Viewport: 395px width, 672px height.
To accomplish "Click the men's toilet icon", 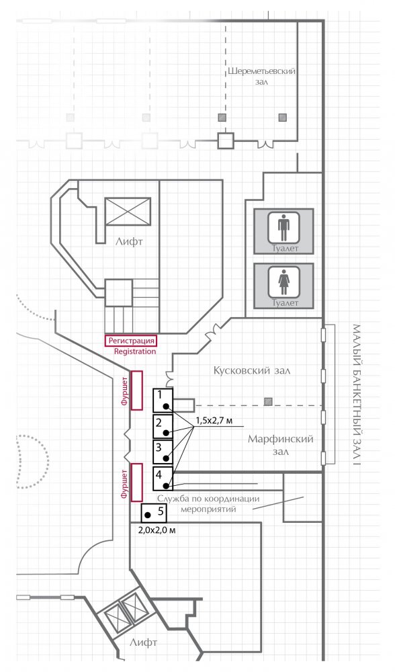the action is tap(283, 228).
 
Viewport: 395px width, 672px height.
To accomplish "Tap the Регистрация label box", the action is tap(131, 341).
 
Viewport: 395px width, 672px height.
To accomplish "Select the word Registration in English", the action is tap(135, 351).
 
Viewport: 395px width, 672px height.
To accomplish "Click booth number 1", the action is tap(163, 401).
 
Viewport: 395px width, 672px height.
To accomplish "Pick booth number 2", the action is tap(163, 427).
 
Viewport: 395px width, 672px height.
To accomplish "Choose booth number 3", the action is tap(163, 452).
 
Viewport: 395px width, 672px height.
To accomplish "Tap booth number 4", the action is tap(163, 478).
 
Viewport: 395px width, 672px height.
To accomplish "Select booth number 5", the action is tap(153, 513).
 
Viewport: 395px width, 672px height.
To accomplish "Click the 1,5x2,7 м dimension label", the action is tap(214, 421).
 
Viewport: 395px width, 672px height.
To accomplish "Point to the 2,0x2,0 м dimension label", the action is tap(157, 530).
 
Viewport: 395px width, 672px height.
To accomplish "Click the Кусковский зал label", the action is tap(252, 370).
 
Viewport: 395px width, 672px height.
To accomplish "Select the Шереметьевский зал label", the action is tap(261, 76).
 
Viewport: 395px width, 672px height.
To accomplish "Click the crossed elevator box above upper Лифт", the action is tap(128, 211).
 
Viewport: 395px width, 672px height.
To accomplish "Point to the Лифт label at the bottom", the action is tap(144, 642).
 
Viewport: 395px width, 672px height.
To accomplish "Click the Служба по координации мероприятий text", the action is tap(209, 504).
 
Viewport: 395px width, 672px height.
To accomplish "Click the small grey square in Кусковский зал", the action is tap(268, 401).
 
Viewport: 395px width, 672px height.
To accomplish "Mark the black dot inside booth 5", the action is tap(147, 515).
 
